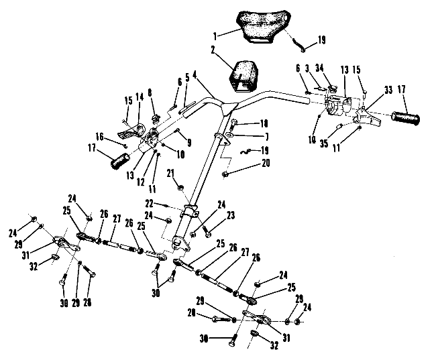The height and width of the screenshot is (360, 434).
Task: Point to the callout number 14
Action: click(140, 97)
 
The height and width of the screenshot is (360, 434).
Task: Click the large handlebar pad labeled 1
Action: click(258, 27)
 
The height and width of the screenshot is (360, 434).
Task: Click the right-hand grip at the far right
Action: click(406, 120)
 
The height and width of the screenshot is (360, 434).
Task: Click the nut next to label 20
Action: click(225, 174)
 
